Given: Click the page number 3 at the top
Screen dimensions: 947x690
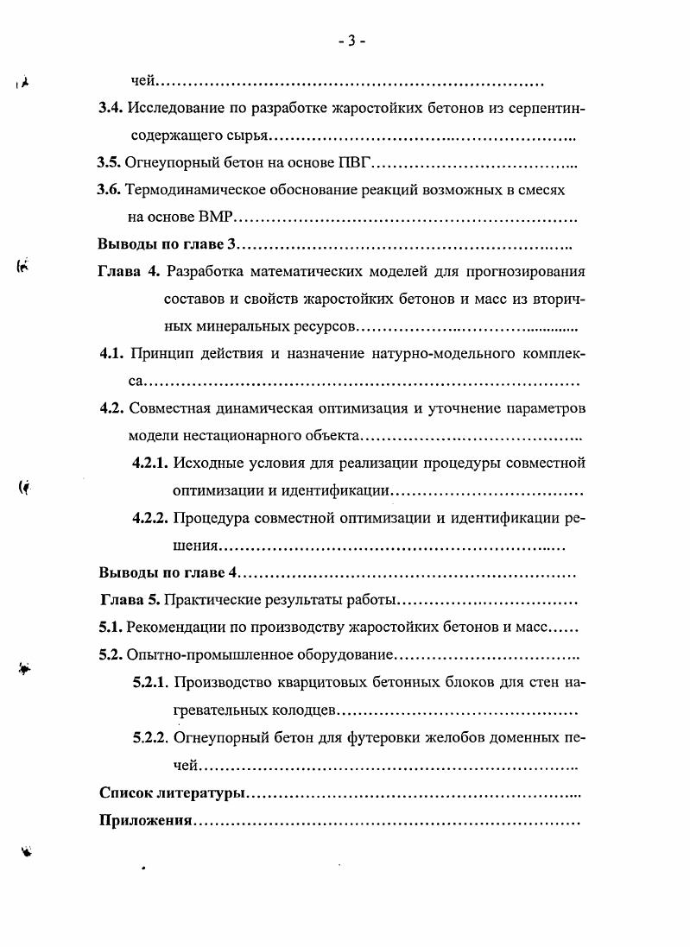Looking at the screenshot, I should tap(352, 41).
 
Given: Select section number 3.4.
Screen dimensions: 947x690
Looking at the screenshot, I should tap(111, 108).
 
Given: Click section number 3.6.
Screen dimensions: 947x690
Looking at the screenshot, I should tap(111, 190).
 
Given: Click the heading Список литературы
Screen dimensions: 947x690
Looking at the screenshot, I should tap(173, 792).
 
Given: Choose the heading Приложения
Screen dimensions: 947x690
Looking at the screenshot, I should tap(144, 820).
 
